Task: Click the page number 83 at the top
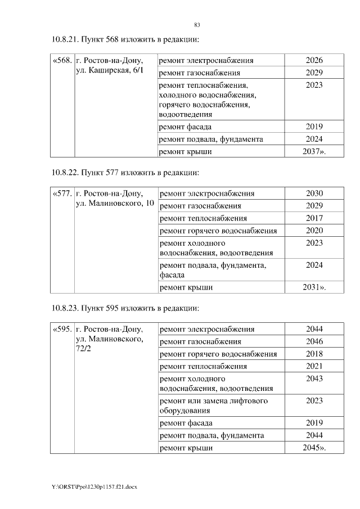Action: click(x=197, y=25)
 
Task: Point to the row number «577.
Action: click(x=62, y=193)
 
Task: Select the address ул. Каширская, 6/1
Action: click(x=109, y=72)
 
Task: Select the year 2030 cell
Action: click(x=314, y=193)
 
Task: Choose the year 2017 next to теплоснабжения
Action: click(x=314, y=218)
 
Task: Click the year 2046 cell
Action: click(x=314, y=341)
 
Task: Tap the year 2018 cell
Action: click(x=314, y=354)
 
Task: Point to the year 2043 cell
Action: click(x=314, y=379)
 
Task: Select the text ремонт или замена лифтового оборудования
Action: click(x=214, y=406)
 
